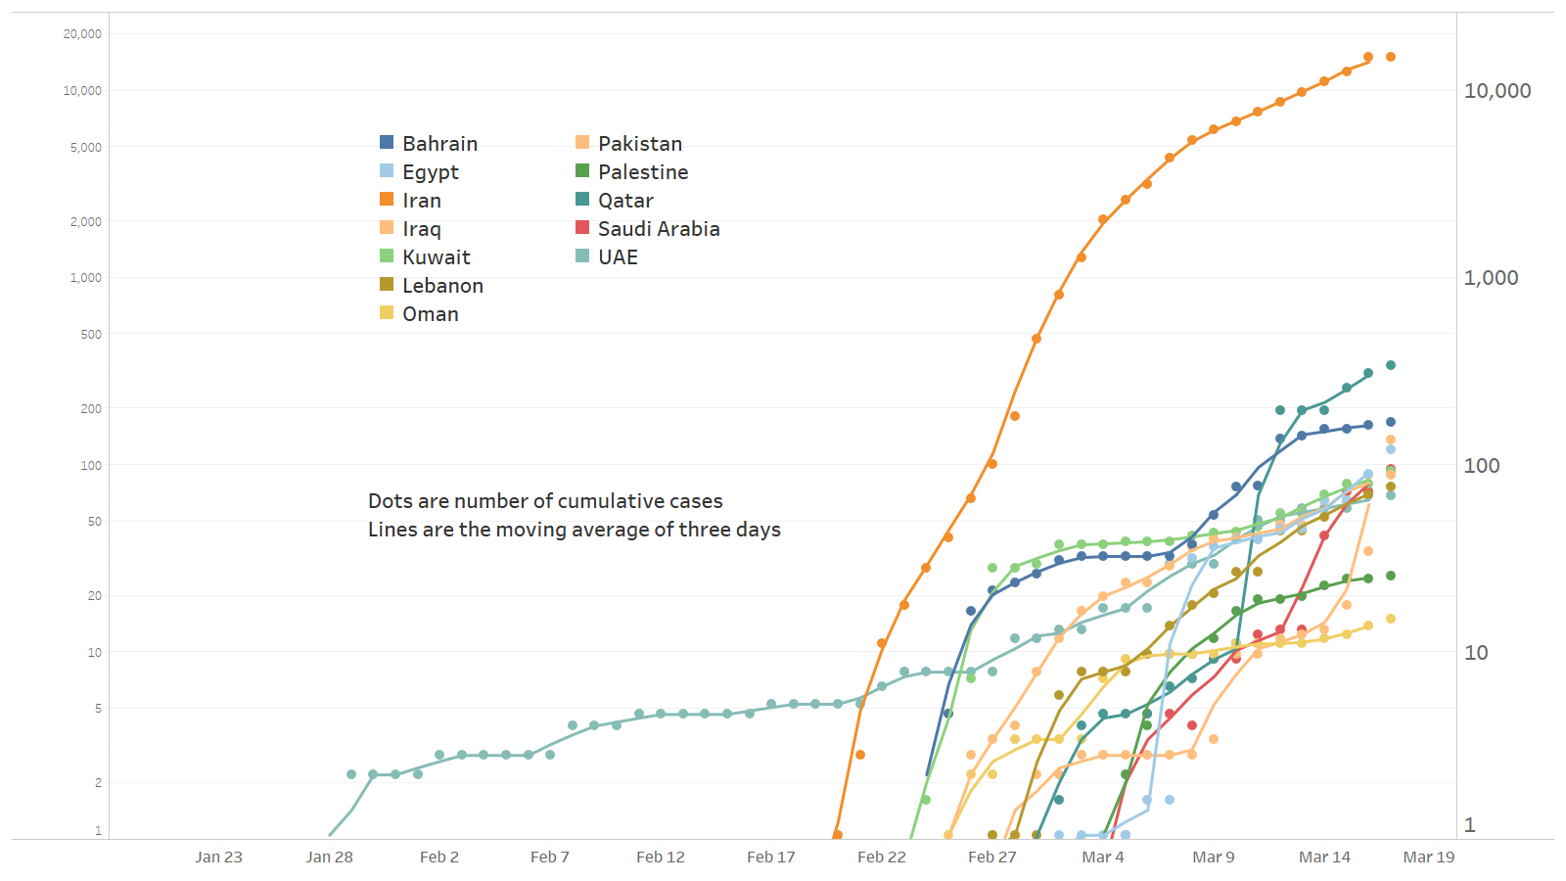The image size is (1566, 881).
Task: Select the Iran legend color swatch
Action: coord(387,200)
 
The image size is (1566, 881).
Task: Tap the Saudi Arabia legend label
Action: coord(659,229)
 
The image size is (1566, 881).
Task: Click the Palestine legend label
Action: coord(643,172)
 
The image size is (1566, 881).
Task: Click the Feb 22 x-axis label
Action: coord(881,858)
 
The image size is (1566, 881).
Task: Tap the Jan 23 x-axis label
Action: coord(218,858)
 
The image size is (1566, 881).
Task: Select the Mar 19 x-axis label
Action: coord(1428,858)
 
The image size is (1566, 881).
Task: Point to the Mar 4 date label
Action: coord(1103,858)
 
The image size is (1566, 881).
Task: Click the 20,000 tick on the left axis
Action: coord(82,34)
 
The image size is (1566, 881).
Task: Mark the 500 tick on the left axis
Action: coord(91,335)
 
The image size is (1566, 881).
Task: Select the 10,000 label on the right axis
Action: coord(1497,91)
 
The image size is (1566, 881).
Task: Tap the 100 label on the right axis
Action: coord(1481,466)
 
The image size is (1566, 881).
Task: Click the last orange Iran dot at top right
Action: coord(1391,57)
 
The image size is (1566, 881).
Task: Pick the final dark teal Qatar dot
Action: coord(1391,365)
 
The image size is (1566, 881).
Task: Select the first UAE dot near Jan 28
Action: coord(351,774)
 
